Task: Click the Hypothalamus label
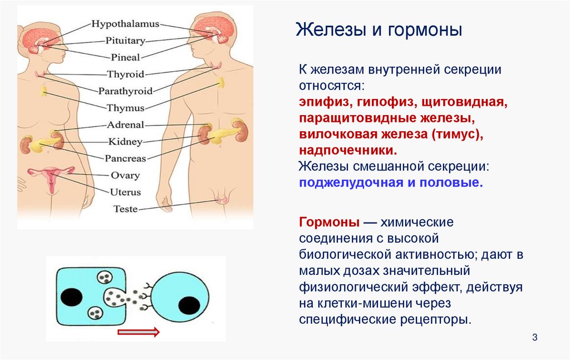point(125,24)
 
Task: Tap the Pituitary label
point(125,41)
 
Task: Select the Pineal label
point(125,57)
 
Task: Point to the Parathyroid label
point(125,91)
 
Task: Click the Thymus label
point(125,108)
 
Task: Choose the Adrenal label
point(125,125)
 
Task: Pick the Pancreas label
point(125,158)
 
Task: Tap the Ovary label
point(125,175)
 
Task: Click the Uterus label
point(125,192)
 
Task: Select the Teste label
point(125,209)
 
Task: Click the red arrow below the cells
point(139,332)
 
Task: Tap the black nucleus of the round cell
point(189,305)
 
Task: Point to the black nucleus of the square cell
point(71,297)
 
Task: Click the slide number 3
point(535,338)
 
